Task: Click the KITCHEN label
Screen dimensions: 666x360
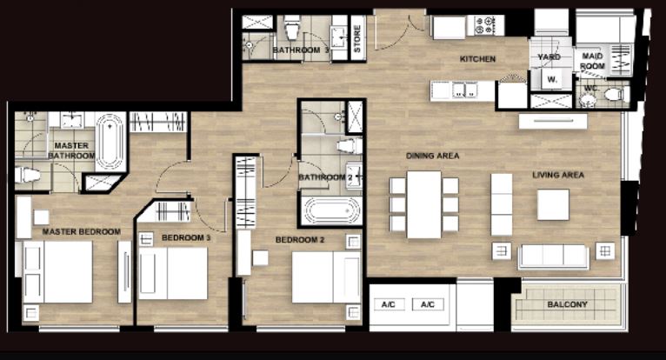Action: pyautogui.click(x=477, y=59)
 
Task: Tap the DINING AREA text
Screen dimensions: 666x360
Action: pyautogui.click(x=432, y=156)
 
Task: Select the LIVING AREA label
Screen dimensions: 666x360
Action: pyautogui.click(x=558, y=175)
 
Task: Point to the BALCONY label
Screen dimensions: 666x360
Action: pyautogui.click(x=567, y=304)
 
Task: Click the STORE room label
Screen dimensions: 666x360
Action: pyautogui.click(x=357, y=38)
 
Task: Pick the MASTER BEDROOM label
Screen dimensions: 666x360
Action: pyautogui.click(x=82, y=231)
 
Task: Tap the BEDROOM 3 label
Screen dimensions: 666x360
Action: pyautogui.click(x=186, y=237)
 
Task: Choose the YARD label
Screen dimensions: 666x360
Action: pyautogui.click(x=549, y=57)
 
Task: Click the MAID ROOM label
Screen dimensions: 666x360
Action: pyautogui.click(x=592, y=61)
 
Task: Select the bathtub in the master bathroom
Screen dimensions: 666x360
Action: pyautogui.click(x=110, y=142)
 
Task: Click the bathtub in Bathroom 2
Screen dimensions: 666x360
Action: pyautogui.click(x=331, y=210)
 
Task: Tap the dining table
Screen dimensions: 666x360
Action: pyautogui.click(x=424, y=204)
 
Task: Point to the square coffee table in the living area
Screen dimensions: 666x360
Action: pyautogui.click(x=553, y=205)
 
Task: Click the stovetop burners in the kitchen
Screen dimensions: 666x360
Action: pyautogui.click(x=485, y=25)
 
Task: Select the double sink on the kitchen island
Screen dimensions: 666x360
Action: pyautogui.click(x=464, y=90)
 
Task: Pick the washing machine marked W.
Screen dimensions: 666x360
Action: pyautogui.click(x=552, y=79)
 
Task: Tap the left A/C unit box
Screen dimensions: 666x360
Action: pyautogui.click(x=389, y=304)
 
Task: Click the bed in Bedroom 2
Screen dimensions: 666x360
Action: pyautogui.click(x=326, y=277)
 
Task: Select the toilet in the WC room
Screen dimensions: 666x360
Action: pyautogui.click(x=616, y=95)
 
